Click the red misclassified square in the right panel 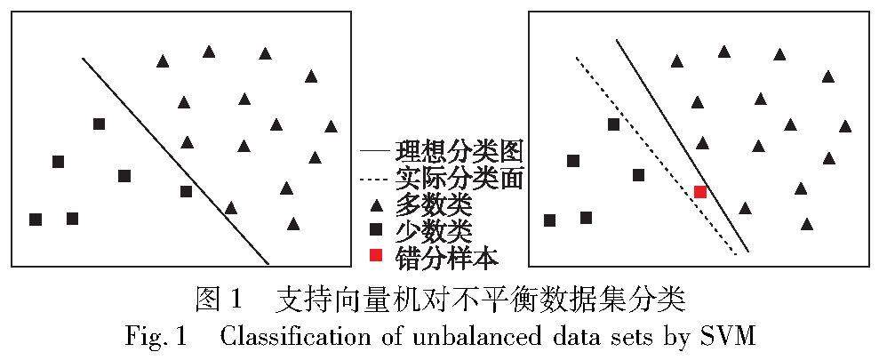click(700, 191)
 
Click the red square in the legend click(376, 256)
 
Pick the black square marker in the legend click(376, 230)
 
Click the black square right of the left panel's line click(186, 191)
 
